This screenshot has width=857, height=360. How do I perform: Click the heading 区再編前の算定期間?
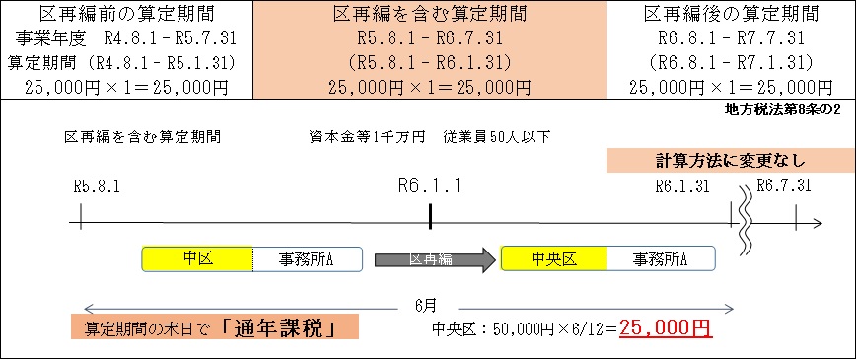126,14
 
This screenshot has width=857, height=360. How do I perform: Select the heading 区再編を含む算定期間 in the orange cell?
428,14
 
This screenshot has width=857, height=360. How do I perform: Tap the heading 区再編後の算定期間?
731,14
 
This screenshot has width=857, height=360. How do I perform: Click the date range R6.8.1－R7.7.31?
731,38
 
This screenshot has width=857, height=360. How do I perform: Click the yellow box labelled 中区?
197,258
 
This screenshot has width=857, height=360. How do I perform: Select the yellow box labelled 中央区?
553,258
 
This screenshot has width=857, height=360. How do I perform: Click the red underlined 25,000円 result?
666,327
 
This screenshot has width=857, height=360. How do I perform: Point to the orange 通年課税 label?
215,327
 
